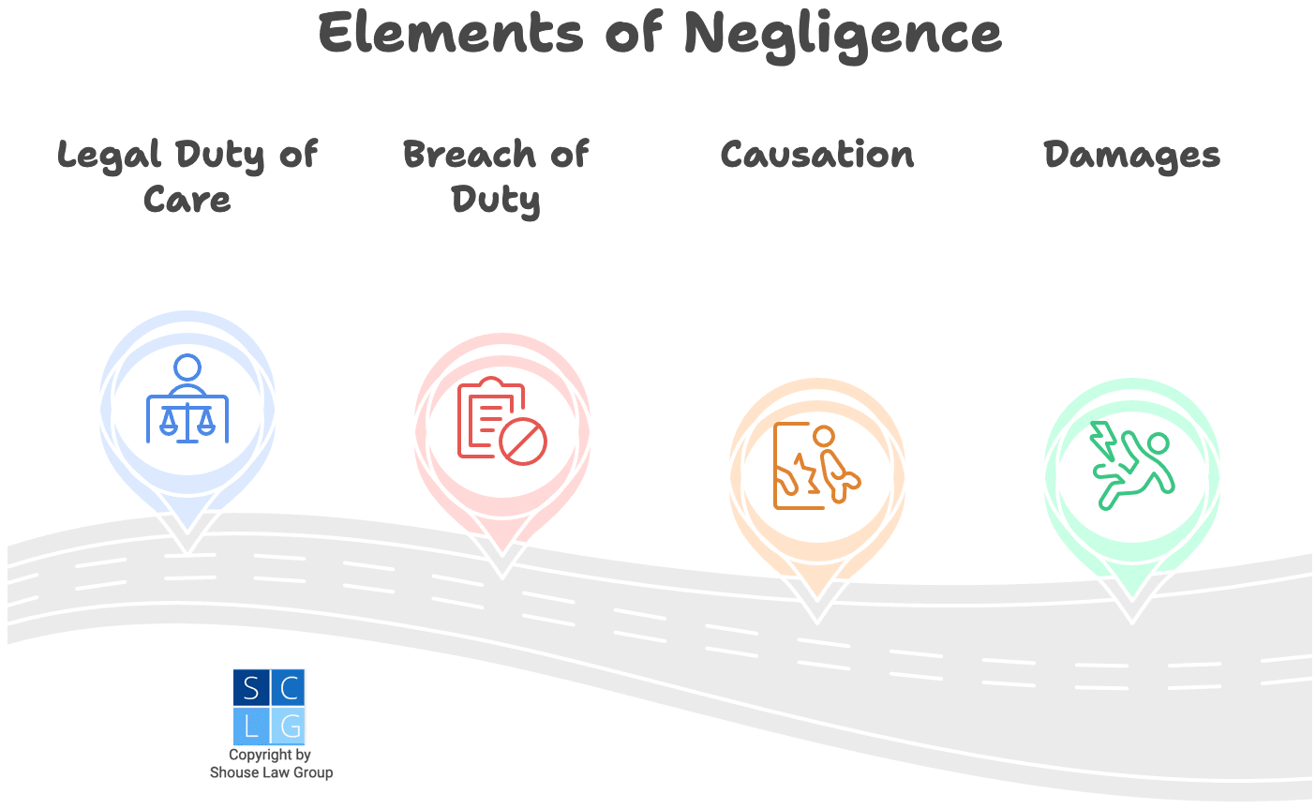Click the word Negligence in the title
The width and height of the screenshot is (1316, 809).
pos(842,35)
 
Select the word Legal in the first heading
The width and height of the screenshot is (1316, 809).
pos(109,156)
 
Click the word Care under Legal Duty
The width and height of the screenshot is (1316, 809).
pos(187,200)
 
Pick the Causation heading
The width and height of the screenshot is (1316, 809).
pos(816,155)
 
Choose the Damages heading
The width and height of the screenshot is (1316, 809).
pos(1131,156)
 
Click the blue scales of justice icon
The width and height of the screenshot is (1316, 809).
pos(187,419)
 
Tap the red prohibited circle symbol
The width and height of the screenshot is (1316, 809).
pos(523,441)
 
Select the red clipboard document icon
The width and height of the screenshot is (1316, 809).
pos(483,417)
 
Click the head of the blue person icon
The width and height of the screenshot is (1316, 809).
pos(187,367)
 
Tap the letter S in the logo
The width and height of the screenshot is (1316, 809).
pos(251,689)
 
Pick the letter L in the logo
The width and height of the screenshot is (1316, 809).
pos(251,727)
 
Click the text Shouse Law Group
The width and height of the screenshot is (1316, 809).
pos(271,773)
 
